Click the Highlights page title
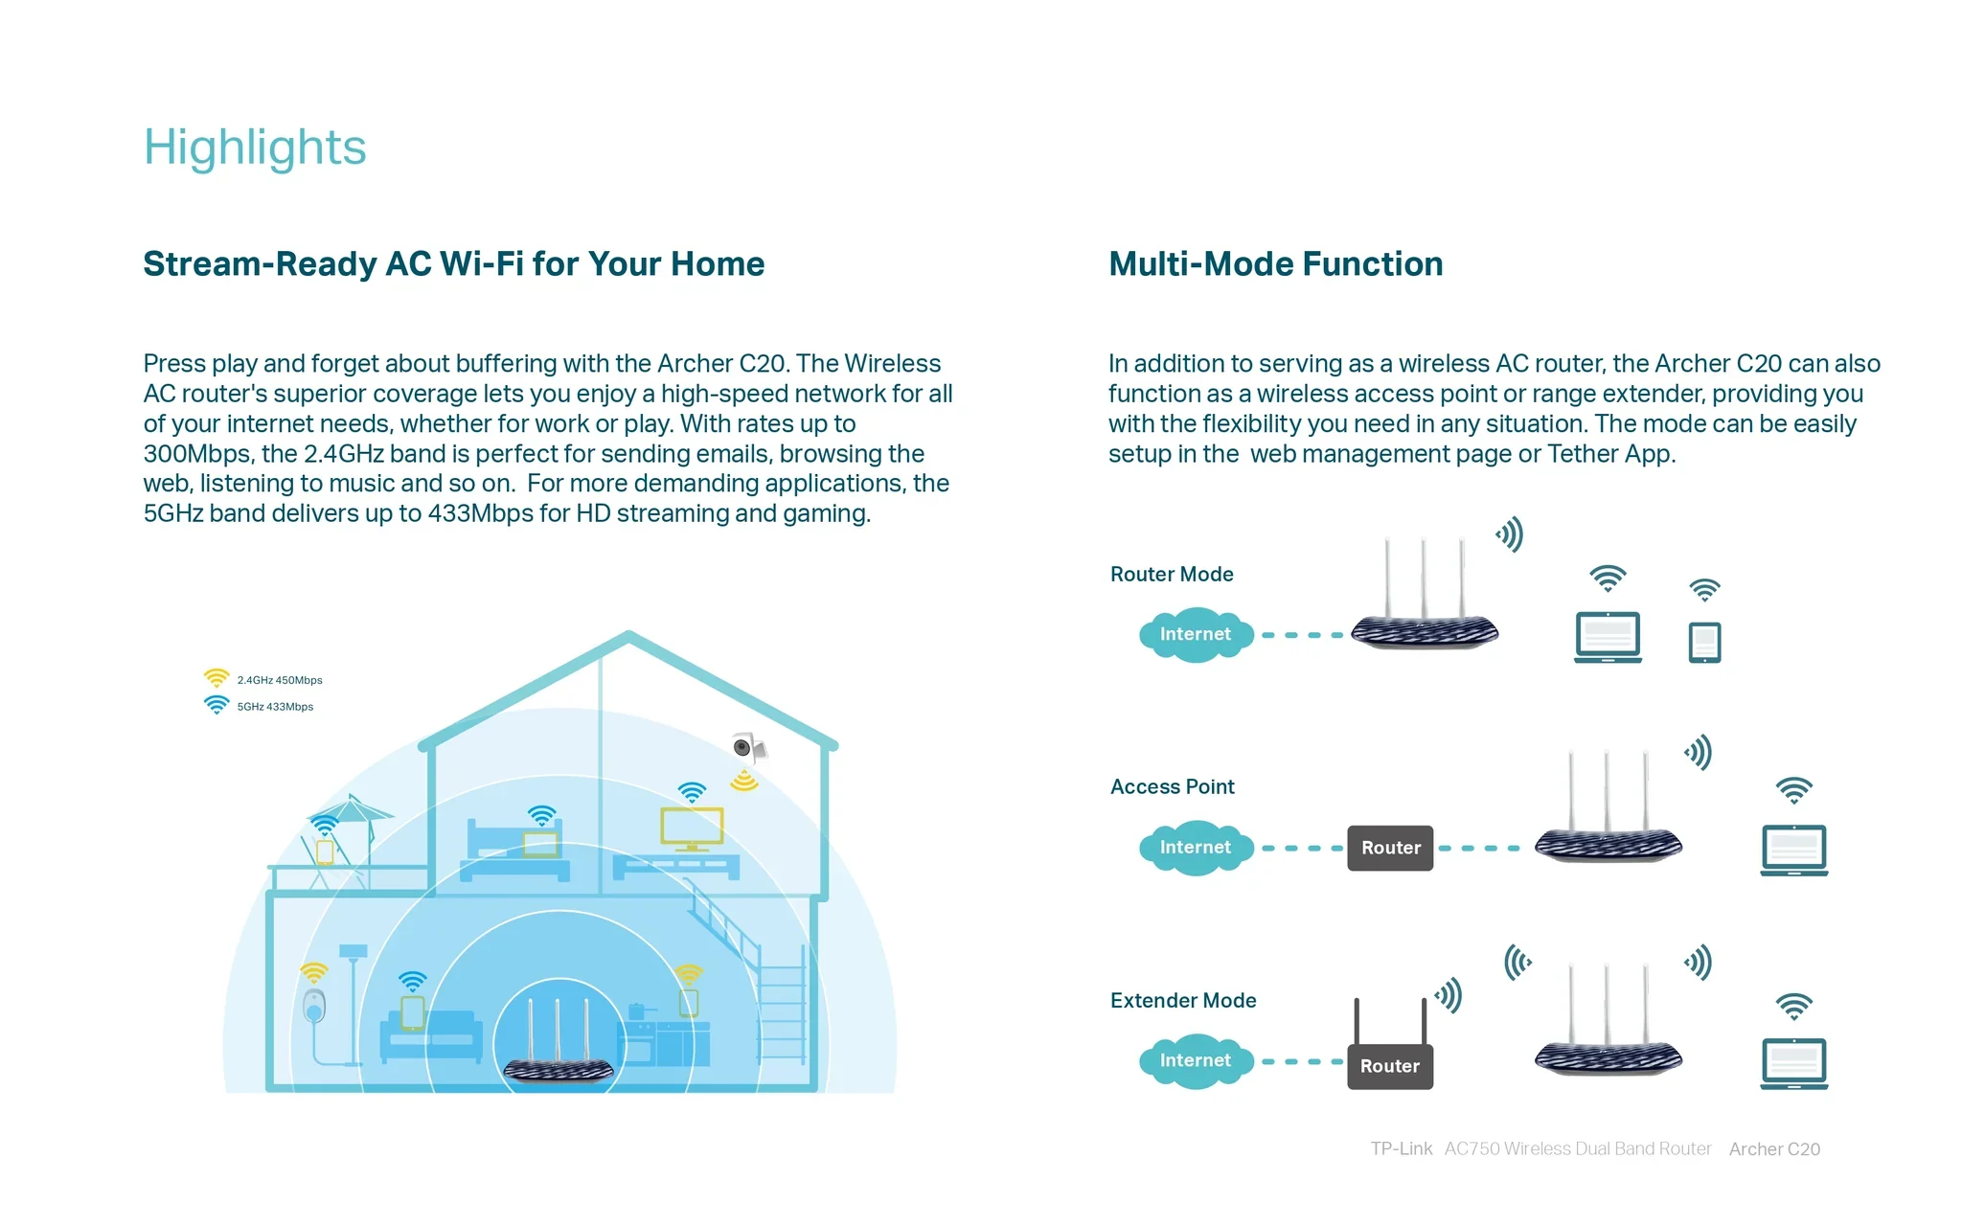pos(255,148)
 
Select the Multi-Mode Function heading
pos(1275,263)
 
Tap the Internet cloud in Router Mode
pos(1196,634)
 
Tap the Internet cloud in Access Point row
pos(1196,848)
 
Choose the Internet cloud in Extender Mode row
pos(1196,1061)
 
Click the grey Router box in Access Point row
pos(1390,848)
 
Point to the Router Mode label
pos(1172,575)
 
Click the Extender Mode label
pos(1183,1001)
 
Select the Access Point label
pos(1173,787)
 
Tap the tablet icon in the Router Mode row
pos(1704,643)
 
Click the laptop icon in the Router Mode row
pos(1608,638)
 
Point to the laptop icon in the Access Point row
pos(1794,851)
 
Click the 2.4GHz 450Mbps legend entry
pos(262,679)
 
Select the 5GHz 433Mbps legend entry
pos(259,706)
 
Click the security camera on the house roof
pos(747,747)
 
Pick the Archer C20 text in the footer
pos(1774,1149)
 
